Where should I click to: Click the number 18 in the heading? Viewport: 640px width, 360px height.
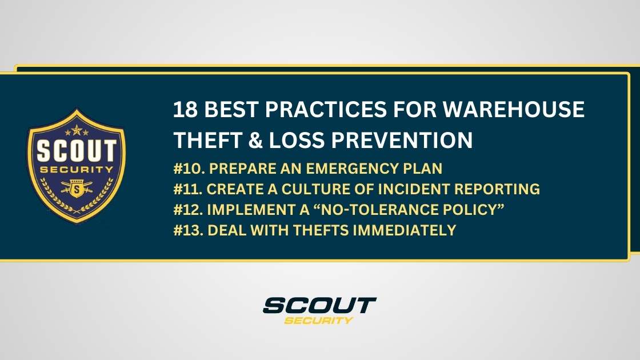pos(186,109)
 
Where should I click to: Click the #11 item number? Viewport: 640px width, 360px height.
pos(187,189)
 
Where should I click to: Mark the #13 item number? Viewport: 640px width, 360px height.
pos(187,230)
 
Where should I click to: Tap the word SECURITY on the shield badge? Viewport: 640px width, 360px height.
pos(76,169)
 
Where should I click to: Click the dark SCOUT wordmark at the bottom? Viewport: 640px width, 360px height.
pos(319,305)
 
